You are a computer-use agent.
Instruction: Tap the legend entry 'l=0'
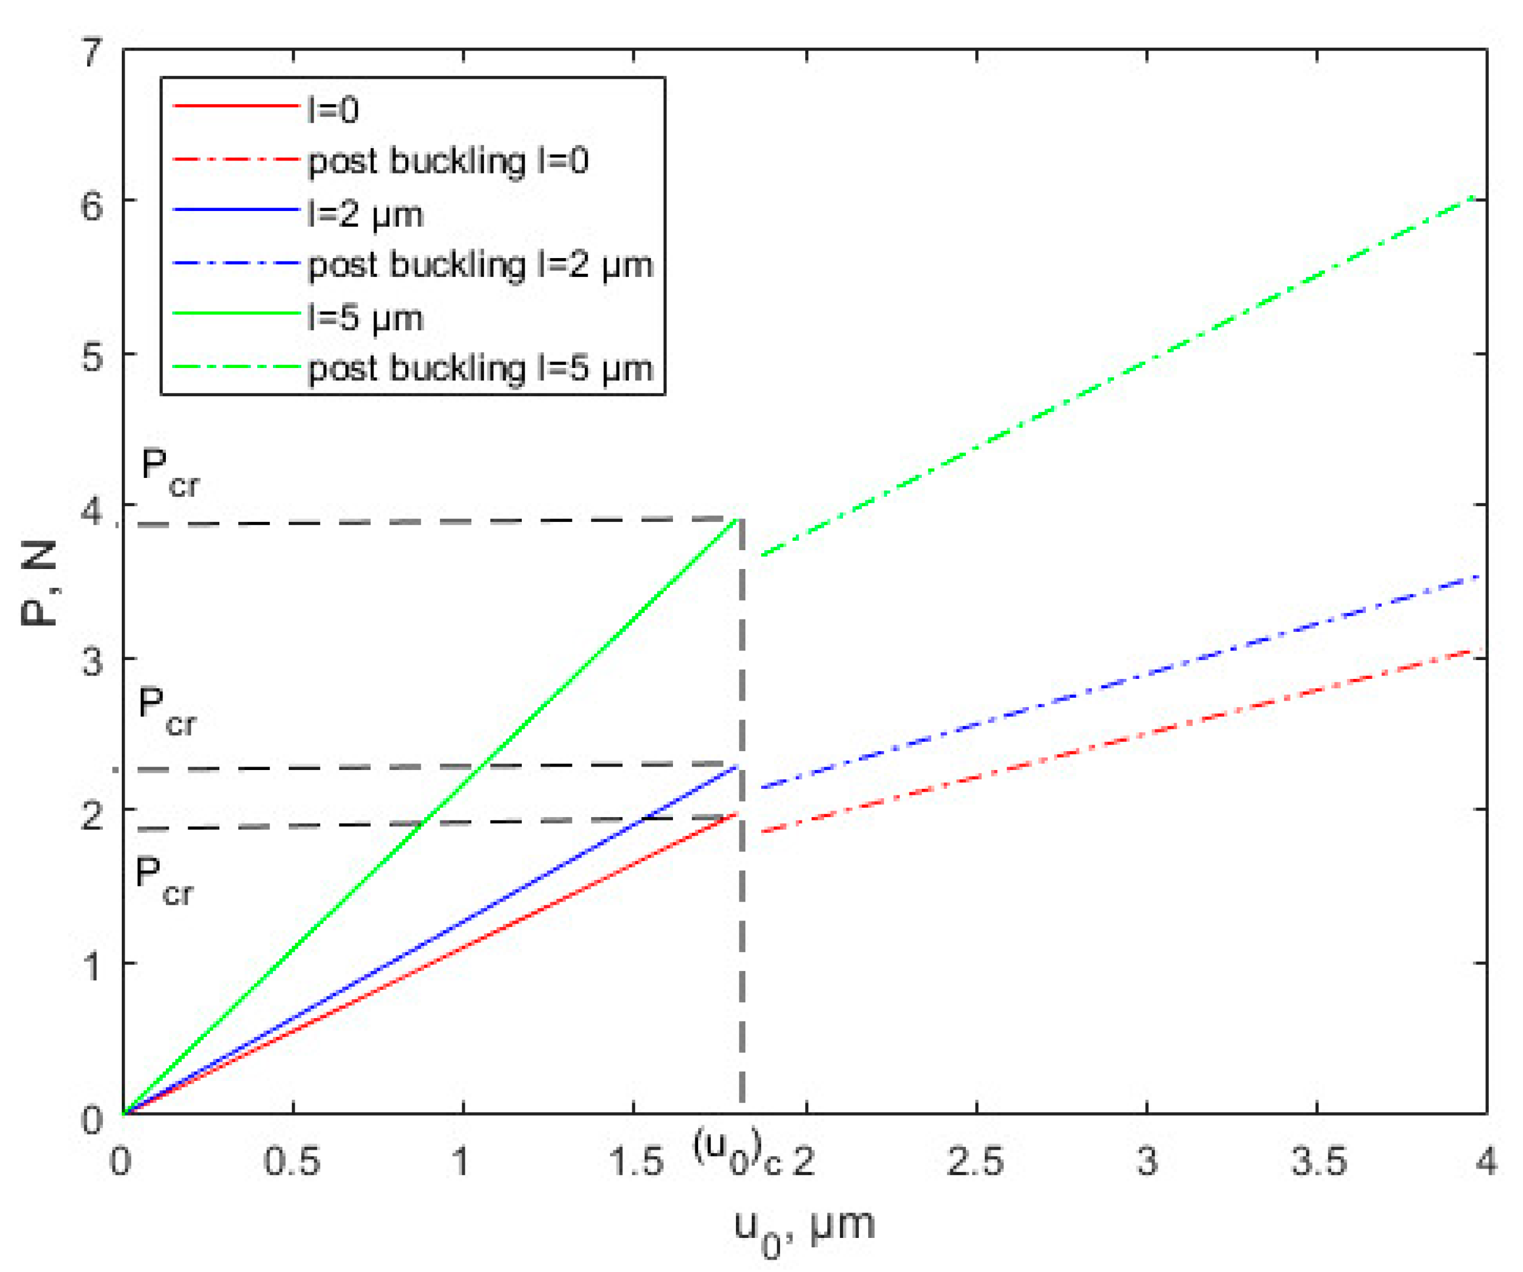pos(333,109)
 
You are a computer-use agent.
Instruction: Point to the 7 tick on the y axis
pos(93,52)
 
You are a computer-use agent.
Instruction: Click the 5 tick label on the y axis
pos(93,355)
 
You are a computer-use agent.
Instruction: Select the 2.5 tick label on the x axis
pos(975,1160)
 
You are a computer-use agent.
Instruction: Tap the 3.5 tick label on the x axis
pos(1318,1160)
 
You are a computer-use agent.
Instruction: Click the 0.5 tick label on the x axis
pos(292,1160)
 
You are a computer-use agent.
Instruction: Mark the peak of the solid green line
pos(738,519)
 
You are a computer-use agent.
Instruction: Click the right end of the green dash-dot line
pos(1472,196)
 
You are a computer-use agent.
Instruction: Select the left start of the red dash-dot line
pos(761,831)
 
